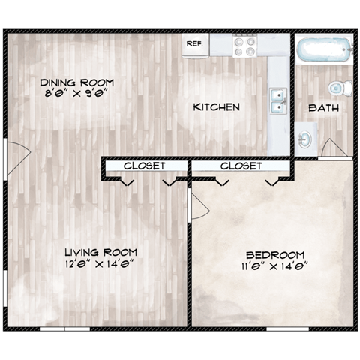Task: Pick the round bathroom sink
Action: [x=305, y=139]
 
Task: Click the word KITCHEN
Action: [x=217, y=107]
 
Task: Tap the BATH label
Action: [x=324, y=108]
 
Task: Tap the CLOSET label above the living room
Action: [x=145, y=165]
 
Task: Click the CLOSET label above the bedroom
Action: [x=241, y=165]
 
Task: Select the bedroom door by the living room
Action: [x=198, y=202]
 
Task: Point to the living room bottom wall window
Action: [x=64, y=328]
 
